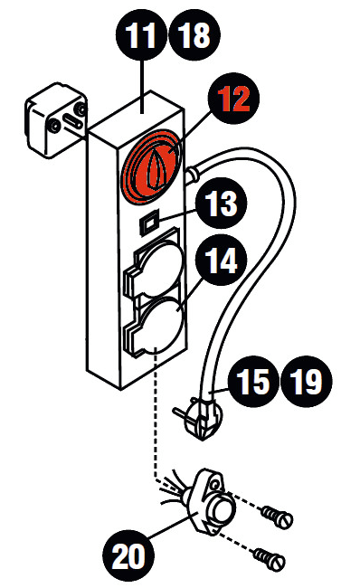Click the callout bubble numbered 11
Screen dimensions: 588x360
pos(140,36)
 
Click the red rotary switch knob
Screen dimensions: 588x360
pos(154,168)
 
